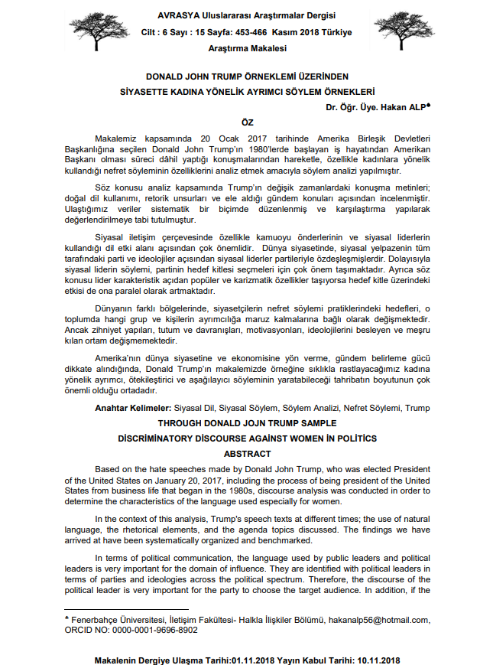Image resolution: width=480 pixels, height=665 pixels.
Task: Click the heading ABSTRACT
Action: [x=247, y=452]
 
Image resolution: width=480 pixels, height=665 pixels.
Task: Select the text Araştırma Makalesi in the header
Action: [x=247, y=48]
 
